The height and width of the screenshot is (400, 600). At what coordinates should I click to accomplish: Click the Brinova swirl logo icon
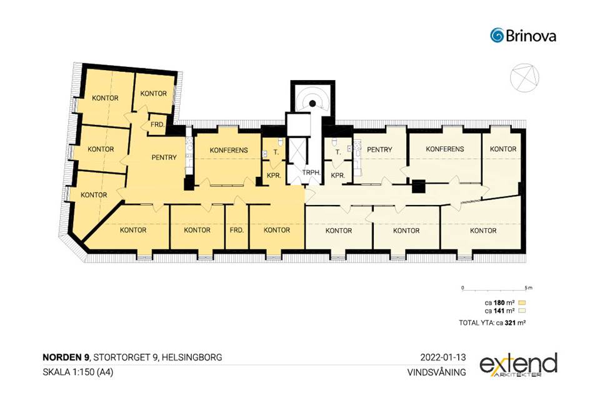pyautogui.click(x=497, y=35)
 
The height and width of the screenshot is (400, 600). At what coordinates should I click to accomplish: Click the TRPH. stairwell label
pyautogui.click(x=311, y=172)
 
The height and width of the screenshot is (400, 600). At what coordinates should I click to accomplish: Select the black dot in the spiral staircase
pyautogui.click(x=312, y=103)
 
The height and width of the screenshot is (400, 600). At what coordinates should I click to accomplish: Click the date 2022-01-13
pyautogui.click(x=443, y=357)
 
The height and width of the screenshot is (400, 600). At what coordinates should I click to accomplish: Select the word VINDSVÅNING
pyautogui.click(x=437, y=372)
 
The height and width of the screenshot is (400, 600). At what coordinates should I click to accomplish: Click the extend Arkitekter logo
pyautogui.click(x=518, y=365)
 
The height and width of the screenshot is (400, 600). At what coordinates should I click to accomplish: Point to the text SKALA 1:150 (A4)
pyautogui.click(x=78, y=372)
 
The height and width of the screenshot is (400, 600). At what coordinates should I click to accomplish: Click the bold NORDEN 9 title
pyautogui.click(x=66, y=357)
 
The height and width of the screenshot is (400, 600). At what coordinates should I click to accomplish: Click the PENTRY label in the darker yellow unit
pyautogui.click(x=164, y=157)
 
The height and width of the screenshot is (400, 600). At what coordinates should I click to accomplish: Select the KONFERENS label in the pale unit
pyautogui.click(x=444, y=149)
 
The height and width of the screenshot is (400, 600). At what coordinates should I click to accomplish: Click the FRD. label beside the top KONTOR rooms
pyautogui.click(x=157, y=125)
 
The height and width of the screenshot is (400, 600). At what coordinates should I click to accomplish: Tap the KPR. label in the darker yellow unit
pyautogui.click(x=274, y=176)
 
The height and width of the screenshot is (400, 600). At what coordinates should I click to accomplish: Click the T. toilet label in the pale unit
pyautogui.click(x=338, y=152)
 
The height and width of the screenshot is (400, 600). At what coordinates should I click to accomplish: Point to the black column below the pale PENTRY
pyautogui.click(x=419, y=186)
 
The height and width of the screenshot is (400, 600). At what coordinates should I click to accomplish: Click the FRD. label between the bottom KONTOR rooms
pyautogui.click(x=237, y=230)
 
